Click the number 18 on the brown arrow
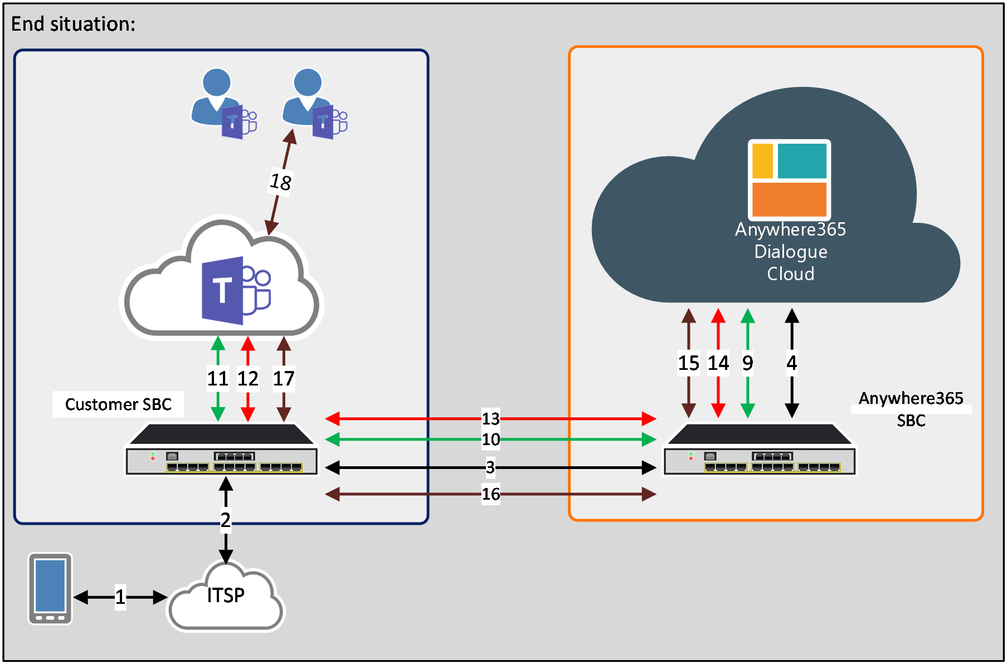click(x=280, y=182)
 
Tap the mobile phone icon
click(x=50, y=588)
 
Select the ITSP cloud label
click(x=226, y=595)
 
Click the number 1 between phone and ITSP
click(x=120, y=597)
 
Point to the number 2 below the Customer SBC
click(x=225, y=520)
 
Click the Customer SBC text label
click(x=118, y=404)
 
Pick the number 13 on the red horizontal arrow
click(x=490, y=418)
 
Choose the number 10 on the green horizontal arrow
click(x=490, y=440)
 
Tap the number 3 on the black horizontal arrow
click(x=490, y=467)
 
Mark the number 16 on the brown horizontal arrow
click(x=490, y=494)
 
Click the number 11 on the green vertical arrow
click(x=218, y=379)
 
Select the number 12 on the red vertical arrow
click(x=248, y=379)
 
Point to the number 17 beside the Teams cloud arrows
click(x=284, y=379)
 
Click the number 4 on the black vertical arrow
click(x=792, y=363)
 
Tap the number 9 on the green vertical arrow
click(x=748, y=363)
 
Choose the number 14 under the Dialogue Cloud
click(x=718, y=363)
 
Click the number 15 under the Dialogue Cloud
click(x=689, y=363)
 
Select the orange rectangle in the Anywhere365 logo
click(x=789, y=199)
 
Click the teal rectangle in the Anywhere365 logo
click(x=802, y=161)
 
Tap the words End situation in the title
click(x=73, y=24)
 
